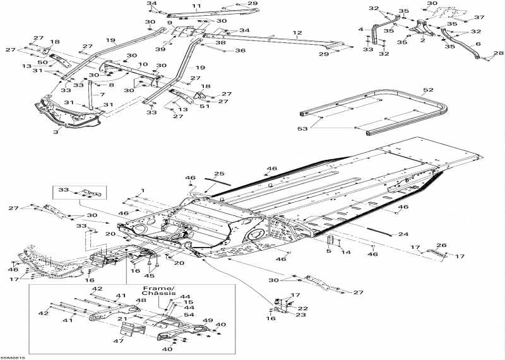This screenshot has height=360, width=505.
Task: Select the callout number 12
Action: coord(297,32)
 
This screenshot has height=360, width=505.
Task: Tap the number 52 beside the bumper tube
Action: coord(429,90)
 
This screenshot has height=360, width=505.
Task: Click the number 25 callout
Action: coord(219,174)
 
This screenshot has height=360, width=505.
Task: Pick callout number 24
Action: coord(403,234)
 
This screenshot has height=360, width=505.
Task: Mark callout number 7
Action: coord(102,95)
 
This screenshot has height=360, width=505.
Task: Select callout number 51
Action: coord(203,106)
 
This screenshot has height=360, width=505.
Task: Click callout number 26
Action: coord(441,246)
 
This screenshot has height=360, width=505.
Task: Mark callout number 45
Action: coord(149,275)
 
